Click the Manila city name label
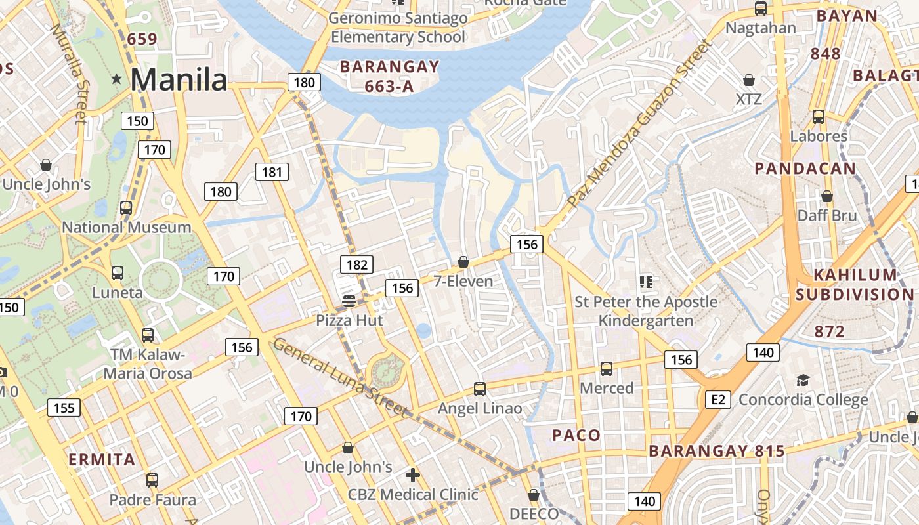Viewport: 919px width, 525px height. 179,80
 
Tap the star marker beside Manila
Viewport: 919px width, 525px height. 117,79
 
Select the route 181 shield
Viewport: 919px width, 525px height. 272,173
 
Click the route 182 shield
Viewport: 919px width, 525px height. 356,264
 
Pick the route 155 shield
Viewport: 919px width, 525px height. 64,408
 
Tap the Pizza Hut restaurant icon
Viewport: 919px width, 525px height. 349,301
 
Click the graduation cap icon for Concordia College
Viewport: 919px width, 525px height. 803,380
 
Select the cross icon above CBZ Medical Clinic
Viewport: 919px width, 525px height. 412,474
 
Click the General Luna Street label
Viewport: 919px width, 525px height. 339,377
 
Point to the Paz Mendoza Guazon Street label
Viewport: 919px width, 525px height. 639,123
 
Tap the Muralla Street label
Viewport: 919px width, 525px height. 68,73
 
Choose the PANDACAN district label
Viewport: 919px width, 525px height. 805,169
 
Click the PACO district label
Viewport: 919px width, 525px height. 576,435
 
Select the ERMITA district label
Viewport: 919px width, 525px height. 102,459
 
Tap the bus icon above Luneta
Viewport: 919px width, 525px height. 118,272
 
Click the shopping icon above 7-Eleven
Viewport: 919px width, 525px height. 463,262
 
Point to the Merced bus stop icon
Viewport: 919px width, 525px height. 607,369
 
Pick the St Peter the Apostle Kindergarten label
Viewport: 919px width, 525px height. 646,311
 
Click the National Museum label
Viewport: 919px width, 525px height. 126,228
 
